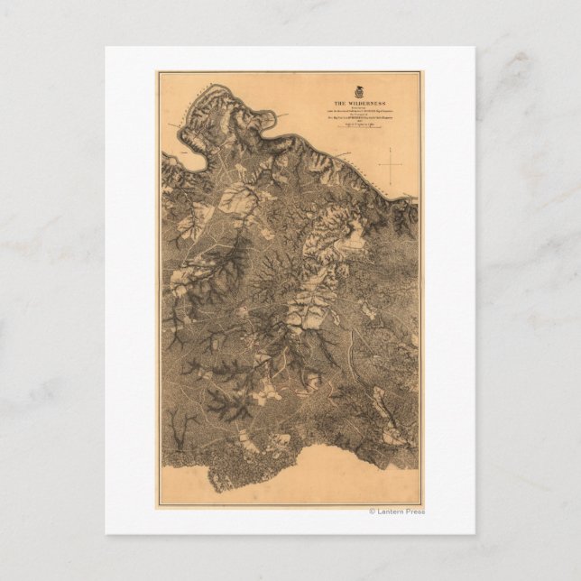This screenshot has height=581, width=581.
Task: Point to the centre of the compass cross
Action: [x=392, y=162]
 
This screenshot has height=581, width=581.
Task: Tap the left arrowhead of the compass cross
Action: [x=380, y=162]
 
